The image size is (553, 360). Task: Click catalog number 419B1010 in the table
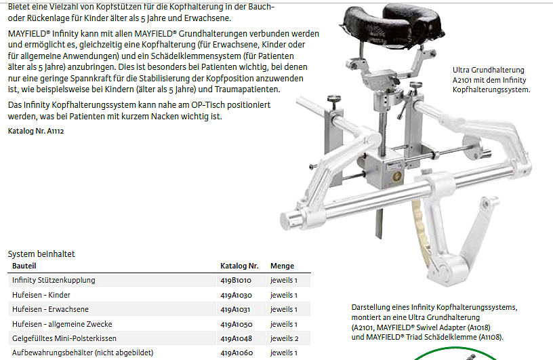(236, 280)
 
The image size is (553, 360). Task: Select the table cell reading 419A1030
(236, 295)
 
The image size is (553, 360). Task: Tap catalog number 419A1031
(235, 310)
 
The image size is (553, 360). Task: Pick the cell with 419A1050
(237, 324)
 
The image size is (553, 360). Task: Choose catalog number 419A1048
(237, 338)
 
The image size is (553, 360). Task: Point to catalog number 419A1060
(237, 353)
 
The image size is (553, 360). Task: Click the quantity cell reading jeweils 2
(284, 338)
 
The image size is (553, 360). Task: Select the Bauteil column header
(24, 266)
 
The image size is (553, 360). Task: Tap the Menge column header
(282, 266)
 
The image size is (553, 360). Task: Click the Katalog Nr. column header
(239, 266)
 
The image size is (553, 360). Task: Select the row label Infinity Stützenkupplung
(54, 280)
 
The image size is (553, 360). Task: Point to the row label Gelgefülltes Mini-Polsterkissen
(64, 338)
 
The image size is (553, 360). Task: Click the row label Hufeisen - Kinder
(41, 295)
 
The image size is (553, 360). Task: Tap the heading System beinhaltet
(41, 254)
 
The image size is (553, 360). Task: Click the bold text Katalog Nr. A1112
(36, 131)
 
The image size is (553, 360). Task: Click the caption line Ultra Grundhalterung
(489, 70)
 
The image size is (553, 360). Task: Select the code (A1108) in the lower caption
(491, 337)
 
